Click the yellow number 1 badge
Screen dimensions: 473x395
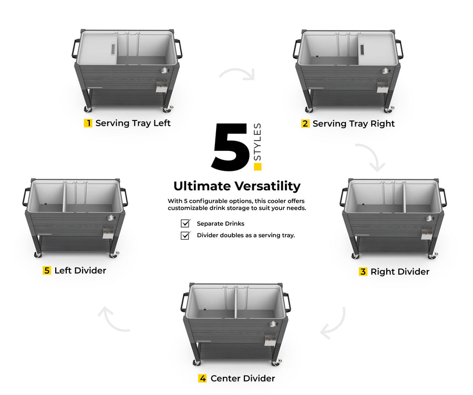coord(88,123)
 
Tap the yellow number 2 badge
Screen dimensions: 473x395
coord(305,124)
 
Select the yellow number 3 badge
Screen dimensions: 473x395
coord(363,271)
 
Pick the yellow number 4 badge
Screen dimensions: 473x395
coord(202,378)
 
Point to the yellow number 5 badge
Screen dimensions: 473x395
coord(47,270)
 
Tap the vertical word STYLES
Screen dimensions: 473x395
coord(258,142)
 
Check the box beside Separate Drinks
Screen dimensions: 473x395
coord(185,223)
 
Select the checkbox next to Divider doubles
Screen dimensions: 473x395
coord(185,235)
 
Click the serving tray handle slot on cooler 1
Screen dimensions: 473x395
coord(113,49)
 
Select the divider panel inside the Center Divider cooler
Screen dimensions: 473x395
coord(235,302)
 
